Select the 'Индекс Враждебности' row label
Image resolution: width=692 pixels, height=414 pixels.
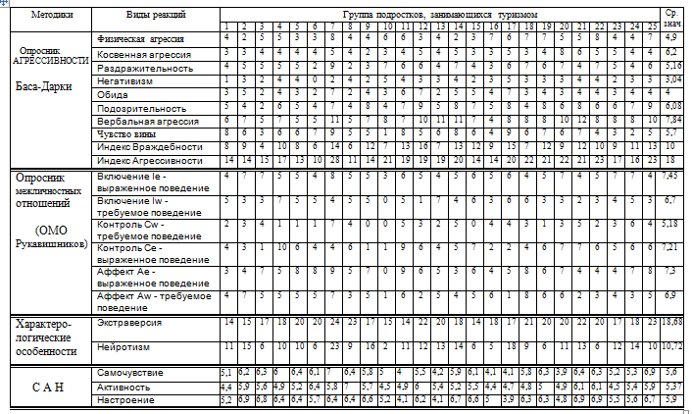tap(140, 145)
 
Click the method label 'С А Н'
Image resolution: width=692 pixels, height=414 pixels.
tap(47, 386)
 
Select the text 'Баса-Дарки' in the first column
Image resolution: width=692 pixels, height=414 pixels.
tap(47, 86)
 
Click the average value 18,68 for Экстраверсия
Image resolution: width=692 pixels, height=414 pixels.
tap(672, 323)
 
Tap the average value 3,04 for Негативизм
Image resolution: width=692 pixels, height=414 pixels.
tap(672, 78)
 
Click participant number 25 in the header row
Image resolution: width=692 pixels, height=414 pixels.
tap(651, 26)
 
